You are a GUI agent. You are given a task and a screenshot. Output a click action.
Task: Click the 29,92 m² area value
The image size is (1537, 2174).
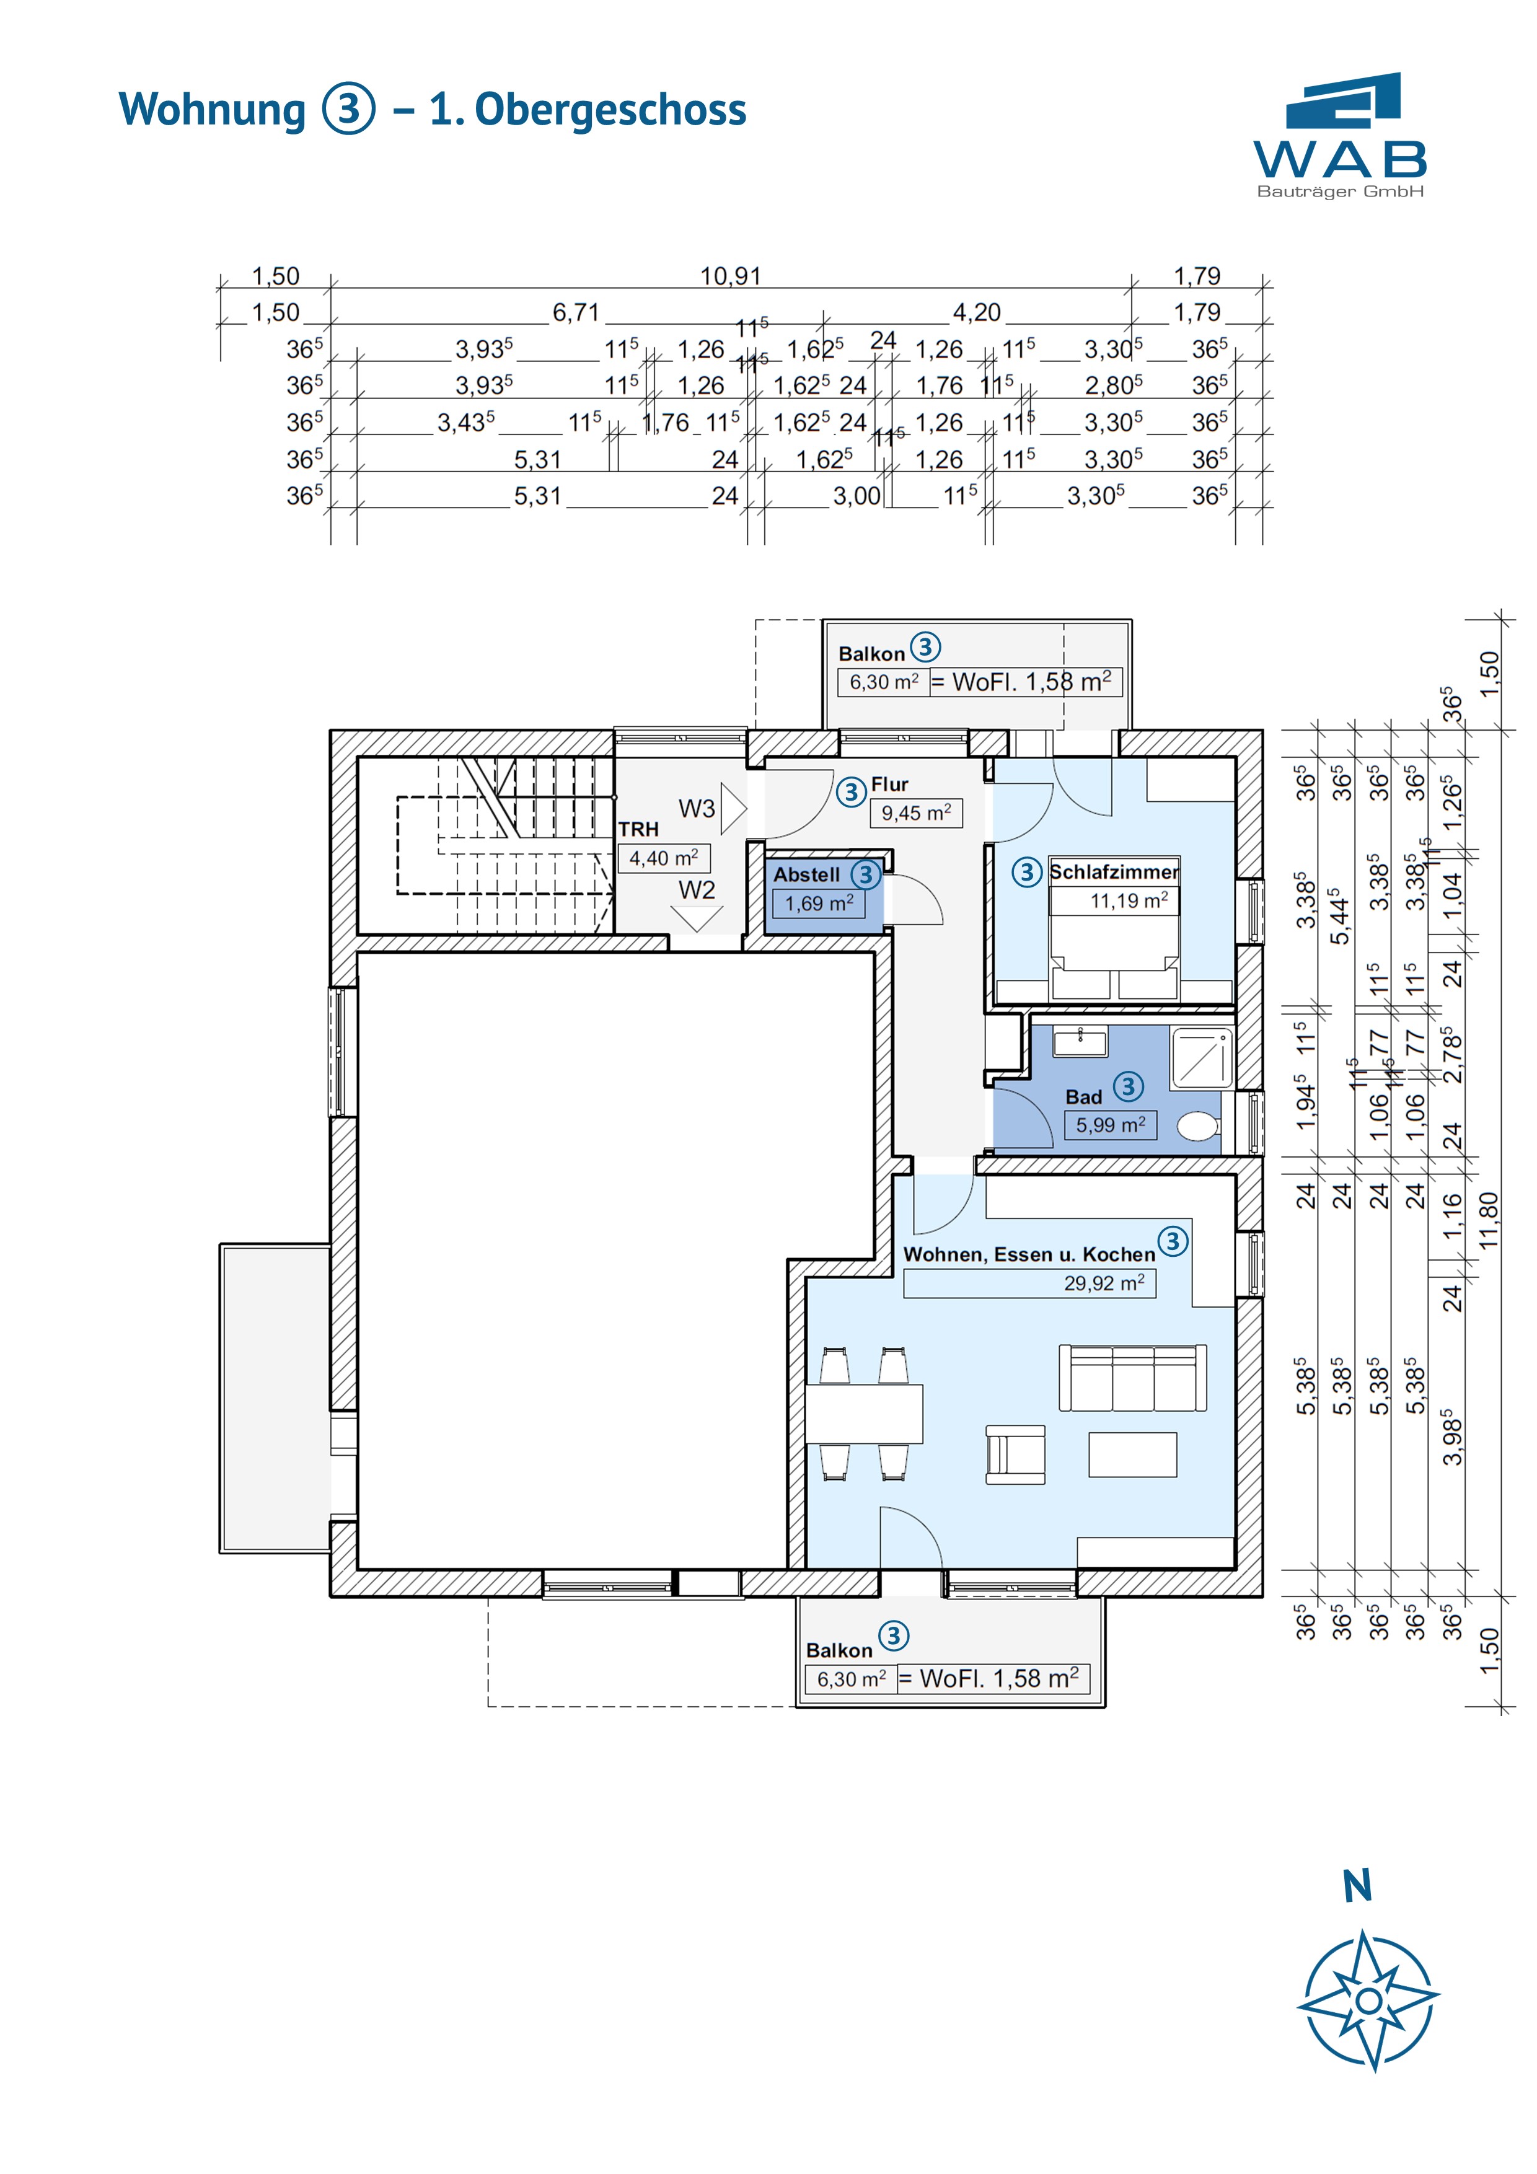click(1103, 1283)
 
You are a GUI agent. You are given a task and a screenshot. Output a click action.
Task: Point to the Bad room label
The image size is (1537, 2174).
click(1083, 1096)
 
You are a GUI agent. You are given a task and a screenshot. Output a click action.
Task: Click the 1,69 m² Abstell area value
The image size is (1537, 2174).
click(818, 904)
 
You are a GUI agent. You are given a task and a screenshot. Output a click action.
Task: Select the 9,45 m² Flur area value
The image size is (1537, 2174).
click(916, 812)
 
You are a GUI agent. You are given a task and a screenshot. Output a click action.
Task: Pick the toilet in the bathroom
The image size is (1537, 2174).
click(1199, 1127)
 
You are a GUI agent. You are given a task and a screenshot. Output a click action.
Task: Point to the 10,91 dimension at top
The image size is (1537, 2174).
click(730, 276)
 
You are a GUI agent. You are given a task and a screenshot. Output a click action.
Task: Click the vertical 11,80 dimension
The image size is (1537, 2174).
click(1490, 1220)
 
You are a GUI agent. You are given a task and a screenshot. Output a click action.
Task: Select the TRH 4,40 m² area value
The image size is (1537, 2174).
click(663, 858)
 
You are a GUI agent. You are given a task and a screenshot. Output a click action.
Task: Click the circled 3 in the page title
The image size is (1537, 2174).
click(348, 109)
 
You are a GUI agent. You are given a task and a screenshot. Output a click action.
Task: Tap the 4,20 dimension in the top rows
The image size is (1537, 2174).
click(976, 312)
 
